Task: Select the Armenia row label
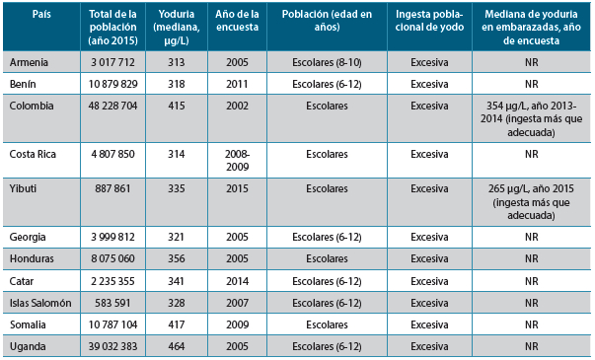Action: coord(30,62)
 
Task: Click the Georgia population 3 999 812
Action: coord(113,238)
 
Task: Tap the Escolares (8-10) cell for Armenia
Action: coord(327,62)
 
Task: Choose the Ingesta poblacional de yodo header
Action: coord(429,23)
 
